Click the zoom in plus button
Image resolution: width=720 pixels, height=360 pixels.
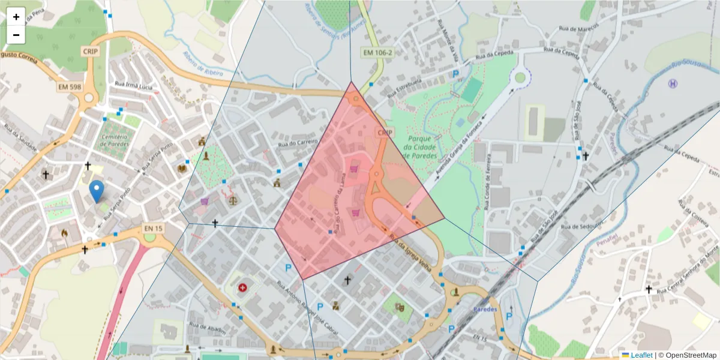[x=16, y=17]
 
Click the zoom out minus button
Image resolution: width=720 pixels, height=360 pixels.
[x=16, y=35]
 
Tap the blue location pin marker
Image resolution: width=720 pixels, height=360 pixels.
[x=96, y=191]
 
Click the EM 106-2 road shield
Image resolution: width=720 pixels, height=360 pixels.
[x=378, y=53]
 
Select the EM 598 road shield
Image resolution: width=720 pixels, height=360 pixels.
[x=70, y=87]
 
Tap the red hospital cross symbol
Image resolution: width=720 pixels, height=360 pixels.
[x=242, y=288]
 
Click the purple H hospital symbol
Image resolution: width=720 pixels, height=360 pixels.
[x=673, y=83]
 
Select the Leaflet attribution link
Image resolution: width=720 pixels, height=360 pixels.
[x=641, y=355]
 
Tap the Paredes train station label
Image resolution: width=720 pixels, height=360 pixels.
[x=485, y=310]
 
